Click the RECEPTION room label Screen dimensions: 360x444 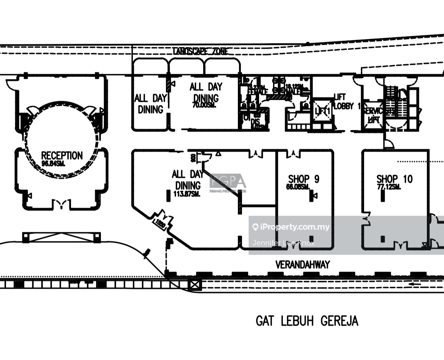(62, 156)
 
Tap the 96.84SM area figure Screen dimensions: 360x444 (53, 164)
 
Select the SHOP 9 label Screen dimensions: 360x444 (304, 179)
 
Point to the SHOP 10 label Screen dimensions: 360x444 (395, 179)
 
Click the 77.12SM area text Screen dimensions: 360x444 (389, 187)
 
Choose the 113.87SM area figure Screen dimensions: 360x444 (187, 194)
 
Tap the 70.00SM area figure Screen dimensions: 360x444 (204, 105)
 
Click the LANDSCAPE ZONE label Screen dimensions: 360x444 (200, 51)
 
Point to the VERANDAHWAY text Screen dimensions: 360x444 (303, 265)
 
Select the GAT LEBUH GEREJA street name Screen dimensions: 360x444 (307, 321)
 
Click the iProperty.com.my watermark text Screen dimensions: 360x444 (295, 227)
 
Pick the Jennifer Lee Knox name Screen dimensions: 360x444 (283, 243)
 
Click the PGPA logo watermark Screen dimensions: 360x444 (228, 182)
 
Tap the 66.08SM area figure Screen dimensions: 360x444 (298, 187)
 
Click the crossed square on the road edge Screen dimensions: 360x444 (195, 285)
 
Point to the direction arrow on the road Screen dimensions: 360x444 (415, 284)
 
